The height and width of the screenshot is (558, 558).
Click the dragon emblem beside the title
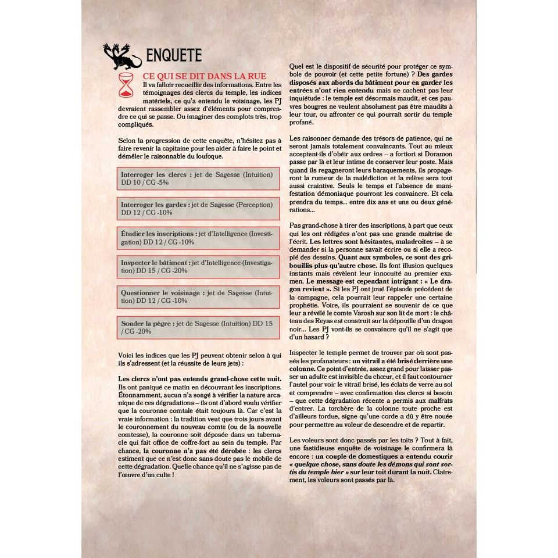click(x=122, y=56)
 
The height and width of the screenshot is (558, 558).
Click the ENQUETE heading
click(x=174, y=56)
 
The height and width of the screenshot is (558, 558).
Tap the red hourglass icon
click(x=126, y=85)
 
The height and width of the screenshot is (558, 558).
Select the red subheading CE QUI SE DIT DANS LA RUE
click(x=205, y=76)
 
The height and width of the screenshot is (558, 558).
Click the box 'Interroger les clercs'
click(x=198, y=178)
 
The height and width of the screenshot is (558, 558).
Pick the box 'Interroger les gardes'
click(x=198, y=209)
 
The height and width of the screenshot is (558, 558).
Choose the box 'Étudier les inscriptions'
click(x=198, y=238)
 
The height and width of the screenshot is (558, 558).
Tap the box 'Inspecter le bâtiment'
click(x=198, y=267)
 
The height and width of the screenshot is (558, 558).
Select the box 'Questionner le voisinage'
click(x=198, y=297)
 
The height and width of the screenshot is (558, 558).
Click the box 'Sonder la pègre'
click(x=198, y=327)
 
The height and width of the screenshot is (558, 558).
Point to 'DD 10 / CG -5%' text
click(x=145, y=183)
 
